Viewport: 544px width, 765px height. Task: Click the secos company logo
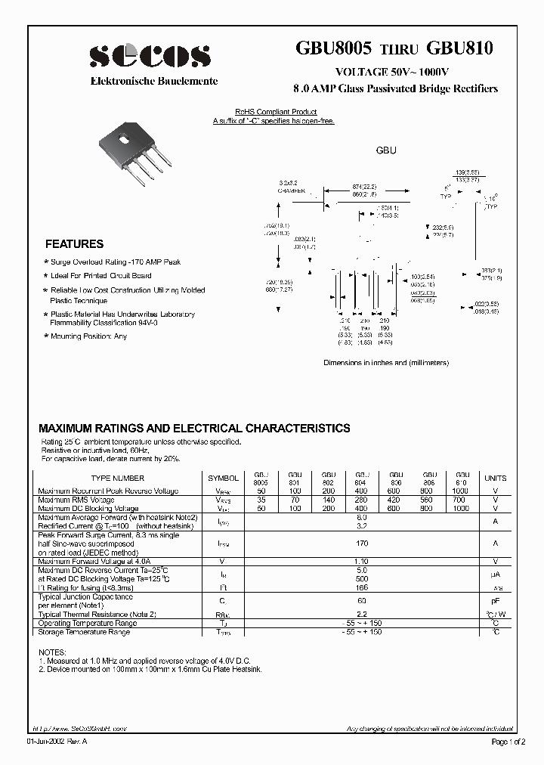150,56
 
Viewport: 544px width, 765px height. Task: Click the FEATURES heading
74,244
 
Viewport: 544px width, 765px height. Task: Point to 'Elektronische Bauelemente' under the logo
154,81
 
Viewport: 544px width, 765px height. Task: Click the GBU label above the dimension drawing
386,151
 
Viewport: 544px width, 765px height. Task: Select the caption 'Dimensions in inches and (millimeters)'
386,363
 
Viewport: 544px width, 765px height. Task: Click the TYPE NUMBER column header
118,479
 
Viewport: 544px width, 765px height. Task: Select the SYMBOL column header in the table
223,479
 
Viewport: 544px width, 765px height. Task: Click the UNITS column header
496,479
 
